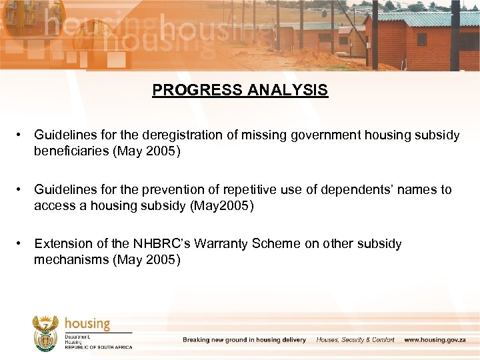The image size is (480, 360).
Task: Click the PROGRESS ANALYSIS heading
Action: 240,90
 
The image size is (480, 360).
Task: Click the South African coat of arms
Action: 45,333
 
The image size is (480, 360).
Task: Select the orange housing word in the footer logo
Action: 87,323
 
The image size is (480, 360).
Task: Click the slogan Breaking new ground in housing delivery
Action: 244,340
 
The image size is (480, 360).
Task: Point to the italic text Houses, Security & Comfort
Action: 355,340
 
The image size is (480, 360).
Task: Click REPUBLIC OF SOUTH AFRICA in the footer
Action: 98,347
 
